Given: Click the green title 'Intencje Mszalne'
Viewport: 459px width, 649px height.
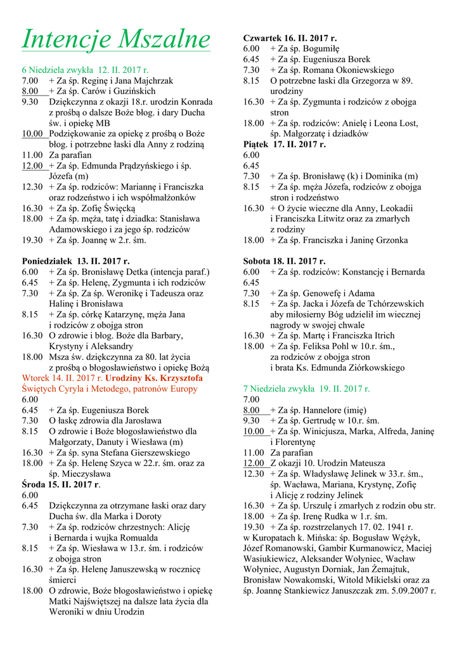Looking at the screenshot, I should tap(115, 39).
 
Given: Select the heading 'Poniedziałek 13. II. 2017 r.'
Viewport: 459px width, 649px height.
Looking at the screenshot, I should tap(75, 261).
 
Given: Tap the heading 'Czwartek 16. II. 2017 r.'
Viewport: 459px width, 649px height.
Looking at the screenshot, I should tap(290, 39).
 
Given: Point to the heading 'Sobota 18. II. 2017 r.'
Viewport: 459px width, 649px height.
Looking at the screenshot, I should tap(285, 261).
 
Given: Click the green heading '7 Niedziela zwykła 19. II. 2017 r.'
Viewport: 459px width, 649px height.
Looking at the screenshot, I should tap(306, 389).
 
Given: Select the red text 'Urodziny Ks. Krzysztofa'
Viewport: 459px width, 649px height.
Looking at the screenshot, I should tap(155, 378).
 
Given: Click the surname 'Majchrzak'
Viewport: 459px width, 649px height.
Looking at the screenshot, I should tap(152, 81).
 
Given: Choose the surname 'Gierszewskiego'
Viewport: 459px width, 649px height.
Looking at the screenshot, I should tap(152, 453).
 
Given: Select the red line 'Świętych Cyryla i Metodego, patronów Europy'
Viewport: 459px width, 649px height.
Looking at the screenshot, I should tap(110, 389).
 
